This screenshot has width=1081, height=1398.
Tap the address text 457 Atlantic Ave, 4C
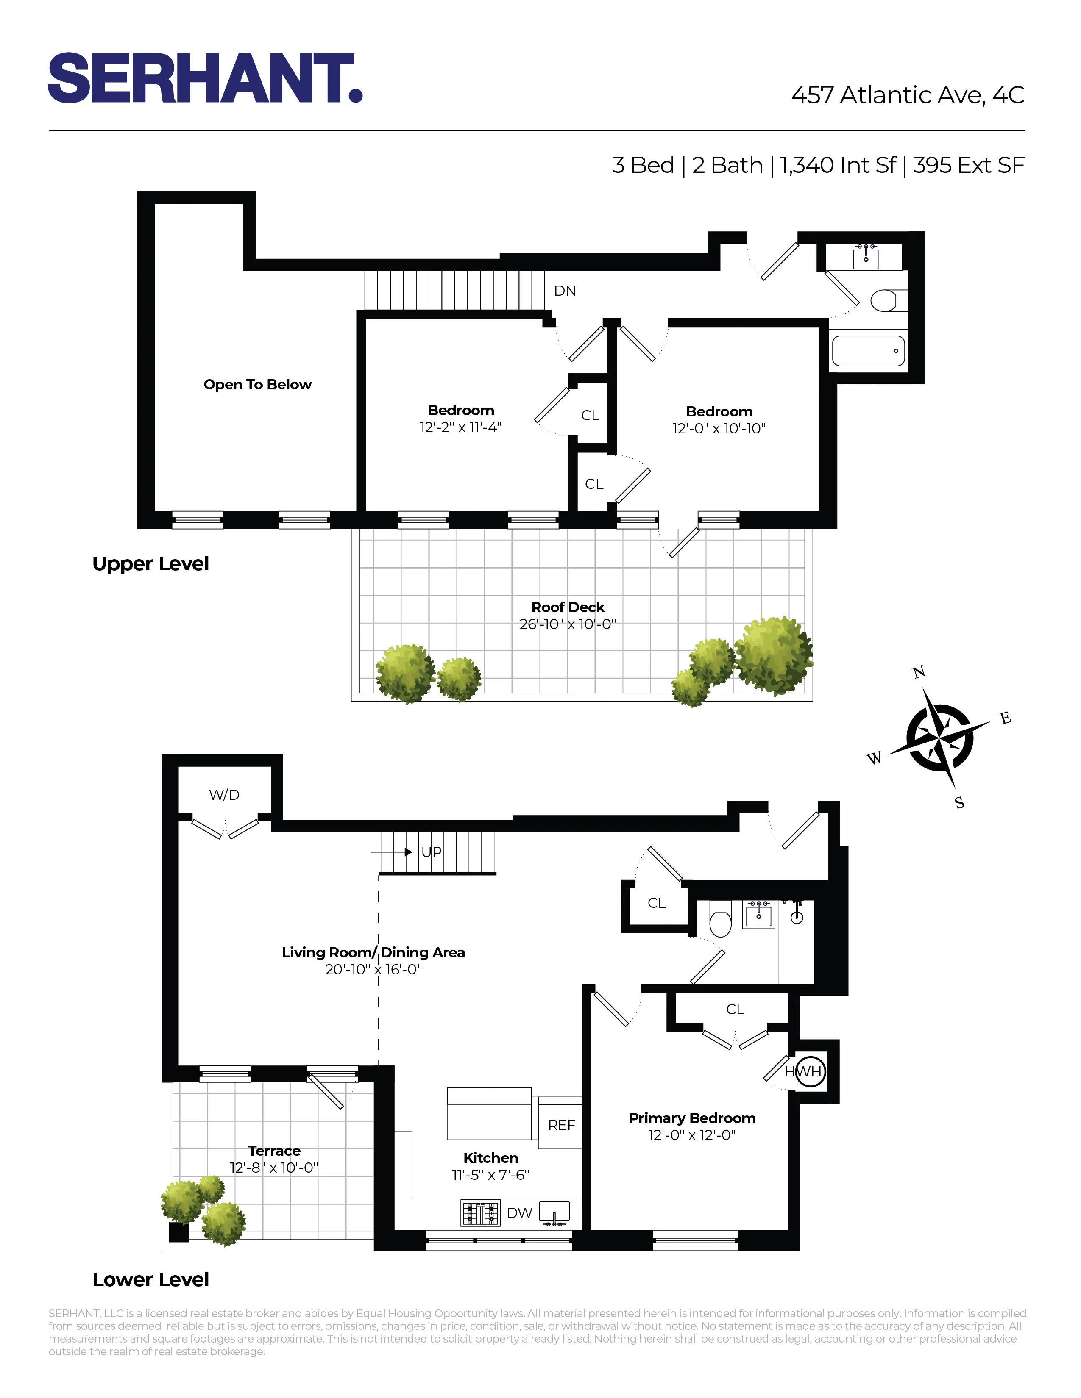click(908, 95)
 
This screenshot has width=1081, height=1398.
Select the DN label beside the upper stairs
click(564, 291)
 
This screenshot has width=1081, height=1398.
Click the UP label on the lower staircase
click(431, 852)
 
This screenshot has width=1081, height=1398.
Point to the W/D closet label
click(224, 795)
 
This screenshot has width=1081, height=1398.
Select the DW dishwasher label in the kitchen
click(519, 1213)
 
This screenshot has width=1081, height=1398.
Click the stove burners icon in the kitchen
click(480, 1213)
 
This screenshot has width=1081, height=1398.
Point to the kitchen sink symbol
click(554, 1213)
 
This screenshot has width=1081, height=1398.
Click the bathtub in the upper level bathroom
click(868, 351)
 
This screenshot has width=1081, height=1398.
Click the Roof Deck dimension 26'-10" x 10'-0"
click(567, 624)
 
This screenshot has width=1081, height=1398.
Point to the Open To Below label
click(257, 385)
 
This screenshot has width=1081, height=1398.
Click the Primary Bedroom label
click(692, 1118)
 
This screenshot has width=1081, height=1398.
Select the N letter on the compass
click(918, 672)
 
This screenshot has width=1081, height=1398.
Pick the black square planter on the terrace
click(178, 1232)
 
